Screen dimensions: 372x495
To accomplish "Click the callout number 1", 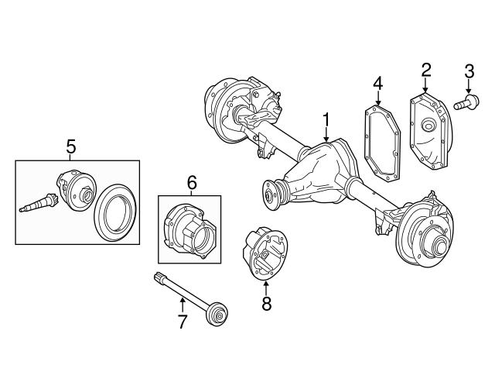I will [x=327, y=119].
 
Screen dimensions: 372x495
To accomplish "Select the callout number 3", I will [x=469, y=74].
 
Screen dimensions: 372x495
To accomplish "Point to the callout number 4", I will [x=377, y=82].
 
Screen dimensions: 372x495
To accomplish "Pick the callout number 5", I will [x=70, y=145].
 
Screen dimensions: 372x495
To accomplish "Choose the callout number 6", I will [x=192, y=183].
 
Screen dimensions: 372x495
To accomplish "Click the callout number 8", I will [x=266, y=304].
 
